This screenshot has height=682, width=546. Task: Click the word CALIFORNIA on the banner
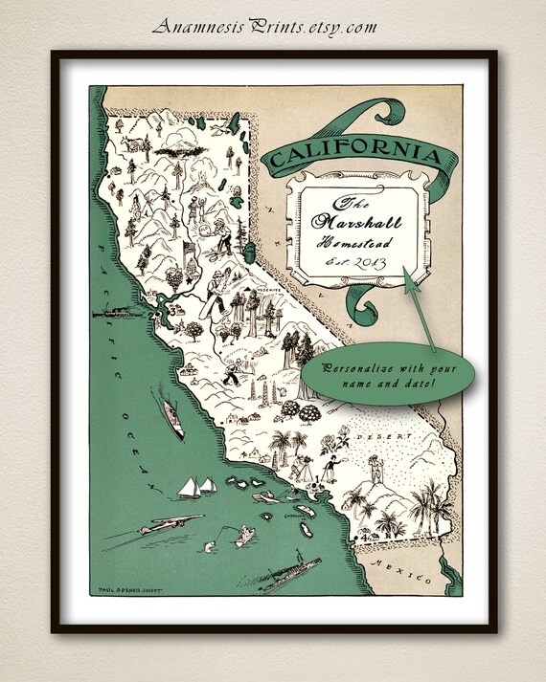point(354,152)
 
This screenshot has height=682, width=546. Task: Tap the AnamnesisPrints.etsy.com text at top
point(264,26)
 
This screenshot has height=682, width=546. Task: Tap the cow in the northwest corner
point(133,144)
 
